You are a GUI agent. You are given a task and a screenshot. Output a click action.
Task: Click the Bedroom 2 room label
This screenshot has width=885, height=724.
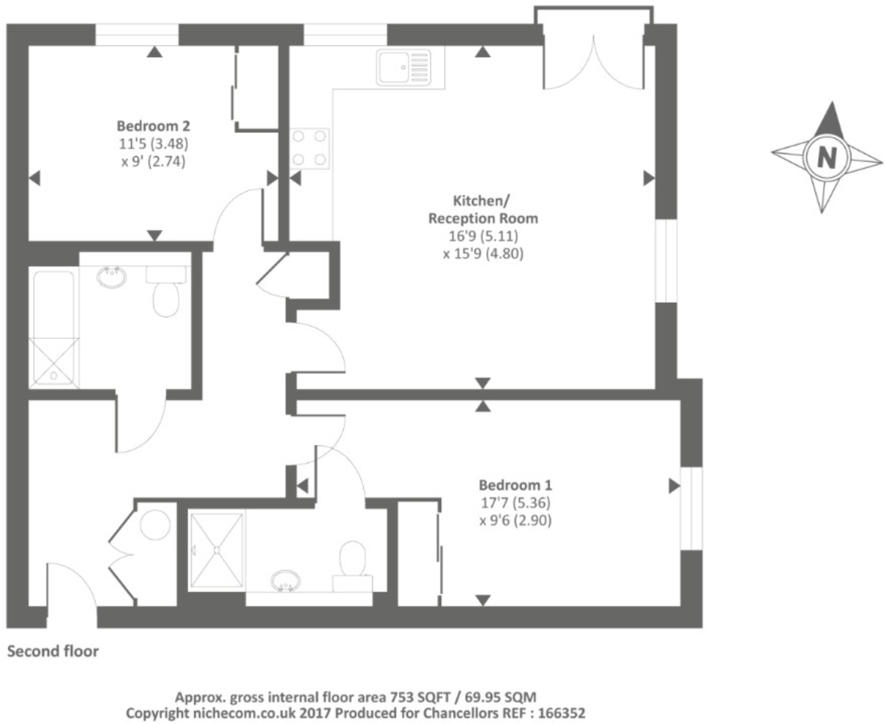click(x=154, y=126)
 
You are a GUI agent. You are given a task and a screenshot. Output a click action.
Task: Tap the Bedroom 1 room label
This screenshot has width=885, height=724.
click(x=515, y=485)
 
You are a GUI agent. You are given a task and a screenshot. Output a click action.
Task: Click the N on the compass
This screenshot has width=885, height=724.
click(x=828, y=157)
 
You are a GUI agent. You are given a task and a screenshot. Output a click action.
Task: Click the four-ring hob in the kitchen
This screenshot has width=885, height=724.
click(x=309, y=148)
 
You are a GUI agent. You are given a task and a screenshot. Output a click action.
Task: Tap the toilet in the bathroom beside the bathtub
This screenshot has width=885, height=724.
click(x=166, y=292)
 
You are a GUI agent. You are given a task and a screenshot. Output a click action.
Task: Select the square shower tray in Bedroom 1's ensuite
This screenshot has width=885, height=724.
click(x=216, y=551)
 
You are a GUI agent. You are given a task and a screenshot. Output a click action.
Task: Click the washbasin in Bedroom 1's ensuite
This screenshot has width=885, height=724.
click(x=284, y=582)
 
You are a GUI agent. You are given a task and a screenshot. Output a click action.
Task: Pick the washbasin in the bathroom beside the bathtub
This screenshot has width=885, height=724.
click(x=112, y=278)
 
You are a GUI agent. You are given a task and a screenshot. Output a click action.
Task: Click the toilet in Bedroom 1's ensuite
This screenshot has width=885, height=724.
click(x=353, y=566)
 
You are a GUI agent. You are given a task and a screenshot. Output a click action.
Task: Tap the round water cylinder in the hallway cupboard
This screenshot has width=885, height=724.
click(x=156, y=526)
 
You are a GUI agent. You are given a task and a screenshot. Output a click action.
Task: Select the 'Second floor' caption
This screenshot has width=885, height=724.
click(x=52, y=651)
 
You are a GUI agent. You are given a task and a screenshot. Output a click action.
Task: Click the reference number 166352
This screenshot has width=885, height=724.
click(x=559, y=712)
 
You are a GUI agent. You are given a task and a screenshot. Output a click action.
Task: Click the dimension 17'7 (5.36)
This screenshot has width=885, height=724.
click(x=515, y=503)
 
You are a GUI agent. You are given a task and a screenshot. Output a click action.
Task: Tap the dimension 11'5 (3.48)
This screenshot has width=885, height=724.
click(x=154, y=144)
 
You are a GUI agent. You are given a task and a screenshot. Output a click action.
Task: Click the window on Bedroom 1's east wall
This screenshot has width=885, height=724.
click(x=691, y=508)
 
